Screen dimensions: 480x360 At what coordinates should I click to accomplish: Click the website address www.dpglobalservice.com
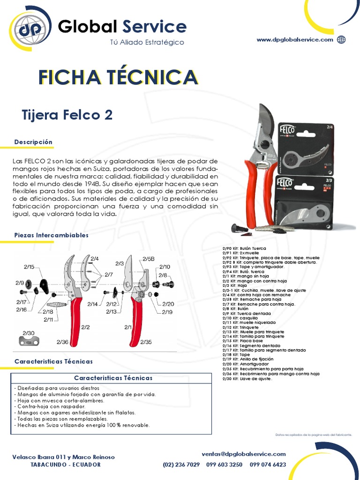pos(295,40)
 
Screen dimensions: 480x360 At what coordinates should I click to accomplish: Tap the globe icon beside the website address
pos(341,40)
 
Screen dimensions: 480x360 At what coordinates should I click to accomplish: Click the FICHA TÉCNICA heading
pos(117,77)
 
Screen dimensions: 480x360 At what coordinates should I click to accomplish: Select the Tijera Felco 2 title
pos(67,115)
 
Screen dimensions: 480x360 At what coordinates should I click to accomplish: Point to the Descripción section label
pos(33,142)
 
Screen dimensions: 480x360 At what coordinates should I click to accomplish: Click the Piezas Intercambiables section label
pos(51,235)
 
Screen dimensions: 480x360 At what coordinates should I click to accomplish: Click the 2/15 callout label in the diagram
pos(29,267)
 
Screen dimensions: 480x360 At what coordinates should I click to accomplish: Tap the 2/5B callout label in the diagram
pos(148,259)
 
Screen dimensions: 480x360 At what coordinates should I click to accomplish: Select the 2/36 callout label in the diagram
pos(62,343)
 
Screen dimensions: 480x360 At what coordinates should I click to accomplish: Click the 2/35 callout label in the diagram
pos(146,343)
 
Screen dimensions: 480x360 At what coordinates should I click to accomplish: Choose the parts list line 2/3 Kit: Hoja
pos(235,285)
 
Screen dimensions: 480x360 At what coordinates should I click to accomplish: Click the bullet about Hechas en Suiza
pos(82,425)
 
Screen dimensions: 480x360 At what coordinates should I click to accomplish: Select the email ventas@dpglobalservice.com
pos(244,454)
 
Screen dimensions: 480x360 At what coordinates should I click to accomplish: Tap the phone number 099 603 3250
pos(225,465)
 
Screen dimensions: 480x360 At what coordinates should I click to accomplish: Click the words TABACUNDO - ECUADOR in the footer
pos(65,465)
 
